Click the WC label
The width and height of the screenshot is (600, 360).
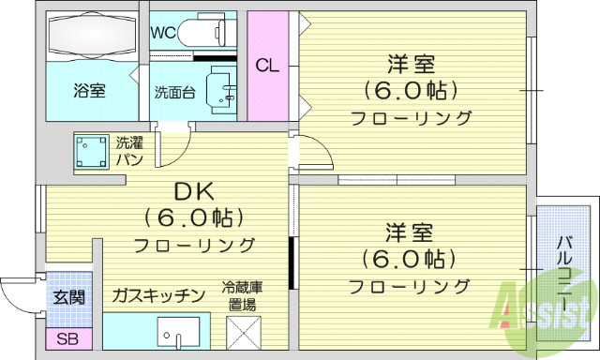pyautogui.click(x=163, y=31)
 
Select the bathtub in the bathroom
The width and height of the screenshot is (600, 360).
pyautogui.click(x=90, y=37)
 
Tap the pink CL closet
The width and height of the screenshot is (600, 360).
pyautogui.click(x=267, y=66)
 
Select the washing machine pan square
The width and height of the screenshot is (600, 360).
pyautogui.click(x=91, y=152)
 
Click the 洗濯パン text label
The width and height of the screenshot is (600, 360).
pyautogui.click(x=129, y=152)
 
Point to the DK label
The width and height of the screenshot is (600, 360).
pyautogui.click(x=195, y=192)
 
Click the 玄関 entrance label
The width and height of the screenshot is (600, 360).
pyautogui.click(x=67, y=297)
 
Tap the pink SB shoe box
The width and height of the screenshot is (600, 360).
pyautogui.click(x=67, y=338)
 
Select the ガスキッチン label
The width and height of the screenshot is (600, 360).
pyautogui.click(x=157, y=296)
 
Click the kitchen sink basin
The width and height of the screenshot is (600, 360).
pyautogui.click(x=178, y=334)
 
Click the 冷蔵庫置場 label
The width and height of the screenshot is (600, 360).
pyautogui.click(x=242, y=295)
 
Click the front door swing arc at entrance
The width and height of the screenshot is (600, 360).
pyautogui.click(x=19, y=295)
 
